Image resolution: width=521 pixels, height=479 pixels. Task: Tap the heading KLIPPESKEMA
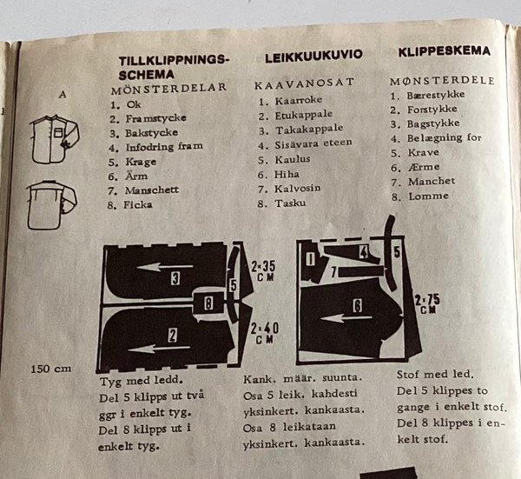point(445,51)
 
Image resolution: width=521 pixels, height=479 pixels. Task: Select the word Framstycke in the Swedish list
point(155,118)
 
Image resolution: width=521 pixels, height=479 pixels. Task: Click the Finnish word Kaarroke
point(299,100)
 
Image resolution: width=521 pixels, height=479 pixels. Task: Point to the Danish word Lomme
point(428,196)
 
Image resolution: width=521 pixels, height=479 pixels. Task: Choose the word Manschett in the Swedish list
point(151,190)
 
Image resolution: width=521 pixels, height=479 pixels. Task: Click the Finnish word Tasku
point(290,203)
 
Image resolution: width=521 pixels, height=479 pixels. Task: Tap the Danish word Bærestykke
point(436,95)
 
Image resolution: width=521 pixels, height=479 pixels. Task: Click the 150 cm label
point(51,369)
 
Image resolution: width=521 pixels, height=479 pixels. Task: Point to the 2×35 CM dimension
point(262,270)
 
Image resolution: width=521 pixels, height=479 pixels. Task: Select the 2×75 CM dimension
point(427,303)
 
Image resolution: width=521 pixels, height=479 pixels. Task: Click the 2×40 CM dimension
point(264,333)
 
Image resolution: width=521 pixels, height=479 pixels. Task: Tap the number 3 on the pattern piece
point(175,278)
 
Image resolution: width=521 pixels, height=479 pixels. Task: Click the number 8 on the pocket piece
point(208,303)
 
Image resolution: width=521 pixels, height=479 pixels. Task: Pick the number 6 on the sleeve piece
point(357,305)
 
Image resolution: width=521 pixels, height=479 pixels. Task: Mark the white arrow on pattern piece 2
point(159,349)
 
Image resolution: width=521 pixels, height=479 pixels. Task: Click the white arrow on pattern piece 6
point(346,318)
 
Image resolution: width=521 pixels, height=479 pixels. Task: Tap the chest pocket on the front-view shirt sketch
point(58,133)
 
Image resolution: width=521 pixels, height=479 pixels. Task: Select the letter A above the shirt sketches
point(63,95)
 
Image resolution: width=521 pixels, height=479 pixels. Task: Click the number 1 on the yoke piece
point(310,259)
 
